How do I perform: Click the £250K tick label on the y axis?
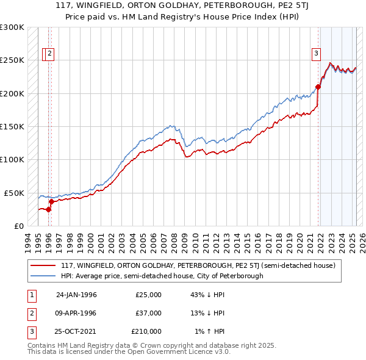click(x=12, y=60)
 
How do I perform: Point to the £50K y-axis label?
click(x=14, y=193)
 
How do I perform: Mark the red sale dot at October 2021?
click(x=318, y=87)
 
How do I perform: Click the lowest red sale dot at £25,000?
click(x=49, y=209)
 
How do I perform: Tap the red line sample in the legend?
click(x=43, y=265)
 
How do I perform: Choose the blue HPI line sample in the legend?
click(x=43, y=276)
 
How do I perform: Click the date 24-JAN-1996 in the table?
click(x=76, y=295)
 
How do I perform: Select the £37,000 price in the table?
click(x=149, y=313)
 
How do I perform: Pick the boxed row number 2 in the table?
click(x=30, y=313)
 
